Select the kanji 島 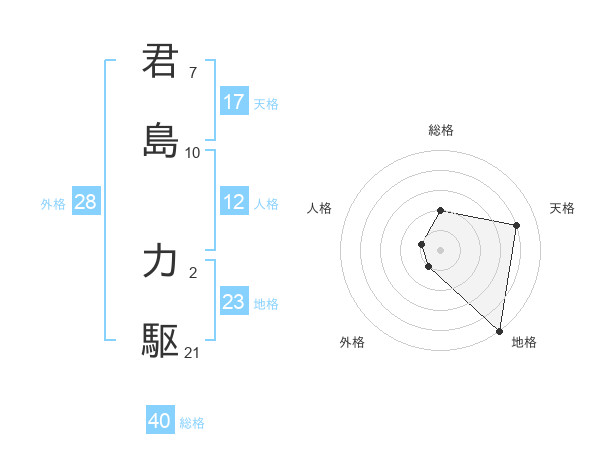click(x=161, y=140)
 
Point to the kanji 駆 click(x=161, y=341)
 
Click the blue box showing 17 click(x=234, y=102)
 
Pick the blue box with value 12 click(x=234, y=202)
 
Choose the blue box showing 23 click(x=234, y=302)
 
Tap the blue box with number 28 click(x=86, y=202)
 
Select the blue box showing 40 click(x=160, y=421)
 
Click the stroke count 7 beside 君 click(x=193, y=72)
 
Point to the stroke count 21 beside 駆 click(x=193, y=352)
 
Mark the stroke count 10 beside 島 click(x=193, y=152)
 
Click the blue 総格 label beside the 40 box click(x=192, y=423)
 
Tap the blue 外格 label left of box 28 click(x=53, y=204)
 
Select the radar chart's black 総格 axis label click(x=441, y=130)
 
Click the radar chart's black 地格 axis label click(x=524, y=342)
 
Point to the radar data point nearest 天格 click(x=516, y=225)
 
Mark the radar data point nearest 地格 click(x=499, y=330)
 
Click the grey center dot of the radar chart click(x=441, y=249)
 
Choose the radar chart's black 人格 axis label click(x=320, y=208)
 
